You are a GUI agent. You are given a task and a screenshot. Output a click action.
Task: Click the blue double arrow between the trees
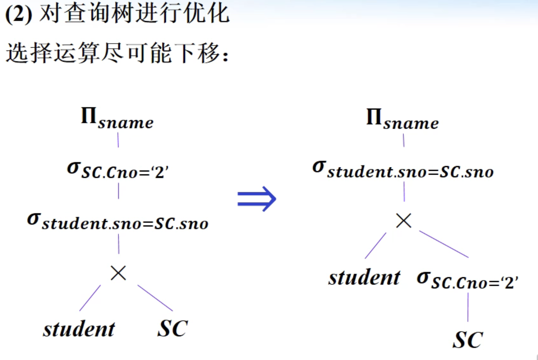[257, 199]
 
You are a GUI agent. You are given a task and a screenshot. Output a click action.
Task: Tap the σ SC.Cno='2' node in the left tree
[117, 170]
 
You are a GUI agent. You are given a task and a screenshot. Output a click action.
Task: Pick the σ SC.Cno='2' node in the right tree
[467, 280]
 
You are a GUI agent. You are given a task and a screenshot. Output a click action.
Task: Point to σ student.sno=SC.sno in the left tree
[117, 222]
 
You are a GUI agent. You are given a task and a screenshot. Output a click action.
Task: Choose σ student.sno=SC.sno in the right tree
[403, 170]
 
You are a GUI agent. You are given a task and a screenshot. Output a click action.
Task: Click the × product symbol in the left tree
[118, 273]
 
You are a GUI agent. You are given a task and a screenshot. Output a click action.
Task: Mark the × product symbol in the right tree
[404, 221]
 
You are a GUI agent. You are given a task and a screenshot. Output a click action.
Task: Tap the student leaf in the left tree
[79, 329]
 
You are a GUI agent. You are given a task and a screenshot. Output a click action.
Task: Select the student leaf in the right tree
[364, 277]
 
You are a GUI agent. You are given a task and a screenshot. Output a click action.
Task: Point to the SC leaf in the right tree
[468, 340]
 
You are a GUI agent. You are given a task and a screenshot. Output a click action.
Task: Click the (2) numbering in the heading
[19, 14]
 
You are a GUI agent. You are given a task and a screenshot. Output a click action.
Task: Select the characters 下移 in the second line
[197, 53]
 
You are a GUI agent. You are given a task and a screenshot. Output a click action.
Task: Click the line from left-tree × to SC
[155, 298]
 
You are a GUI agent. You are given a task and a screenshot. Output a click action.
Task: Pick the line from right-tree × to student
[376, 245]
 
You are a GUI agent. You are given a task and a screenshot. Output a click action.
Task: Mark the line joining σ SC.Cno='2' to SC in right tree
[468, 307]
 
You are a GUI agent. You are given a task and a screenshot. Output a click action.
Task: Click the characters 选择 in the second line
[29, 53]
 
